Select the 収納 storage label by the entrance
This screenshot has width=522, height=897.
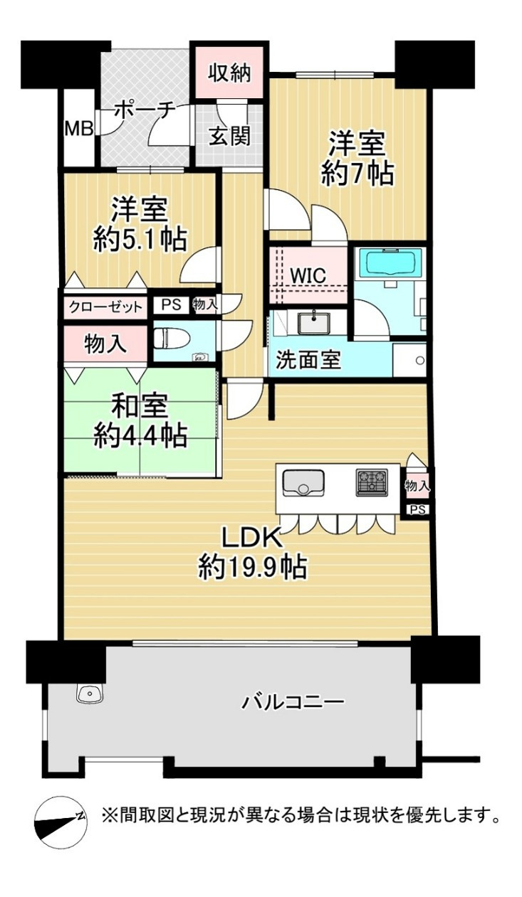coord(229,73)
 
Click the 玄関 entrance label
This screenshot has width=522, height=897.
coord(229,135)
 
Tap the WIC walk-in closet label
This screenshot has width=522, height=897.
coord(308,275)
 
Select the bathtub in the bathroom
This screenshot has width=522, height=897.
coord(388,264)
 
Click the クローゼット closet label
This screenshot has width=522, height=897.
coord(105,307)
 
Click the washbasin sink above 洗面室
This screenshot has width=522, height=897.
coord(310,324)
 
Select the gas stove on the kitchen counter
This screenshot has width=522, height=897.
coord(372,483)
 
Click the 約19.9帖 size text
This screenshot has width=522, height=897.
coord(252,568)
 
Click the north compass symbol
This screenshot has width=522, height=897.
coord(60,819)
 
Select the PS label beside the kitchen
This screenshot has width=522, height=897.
coord(417,509)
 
